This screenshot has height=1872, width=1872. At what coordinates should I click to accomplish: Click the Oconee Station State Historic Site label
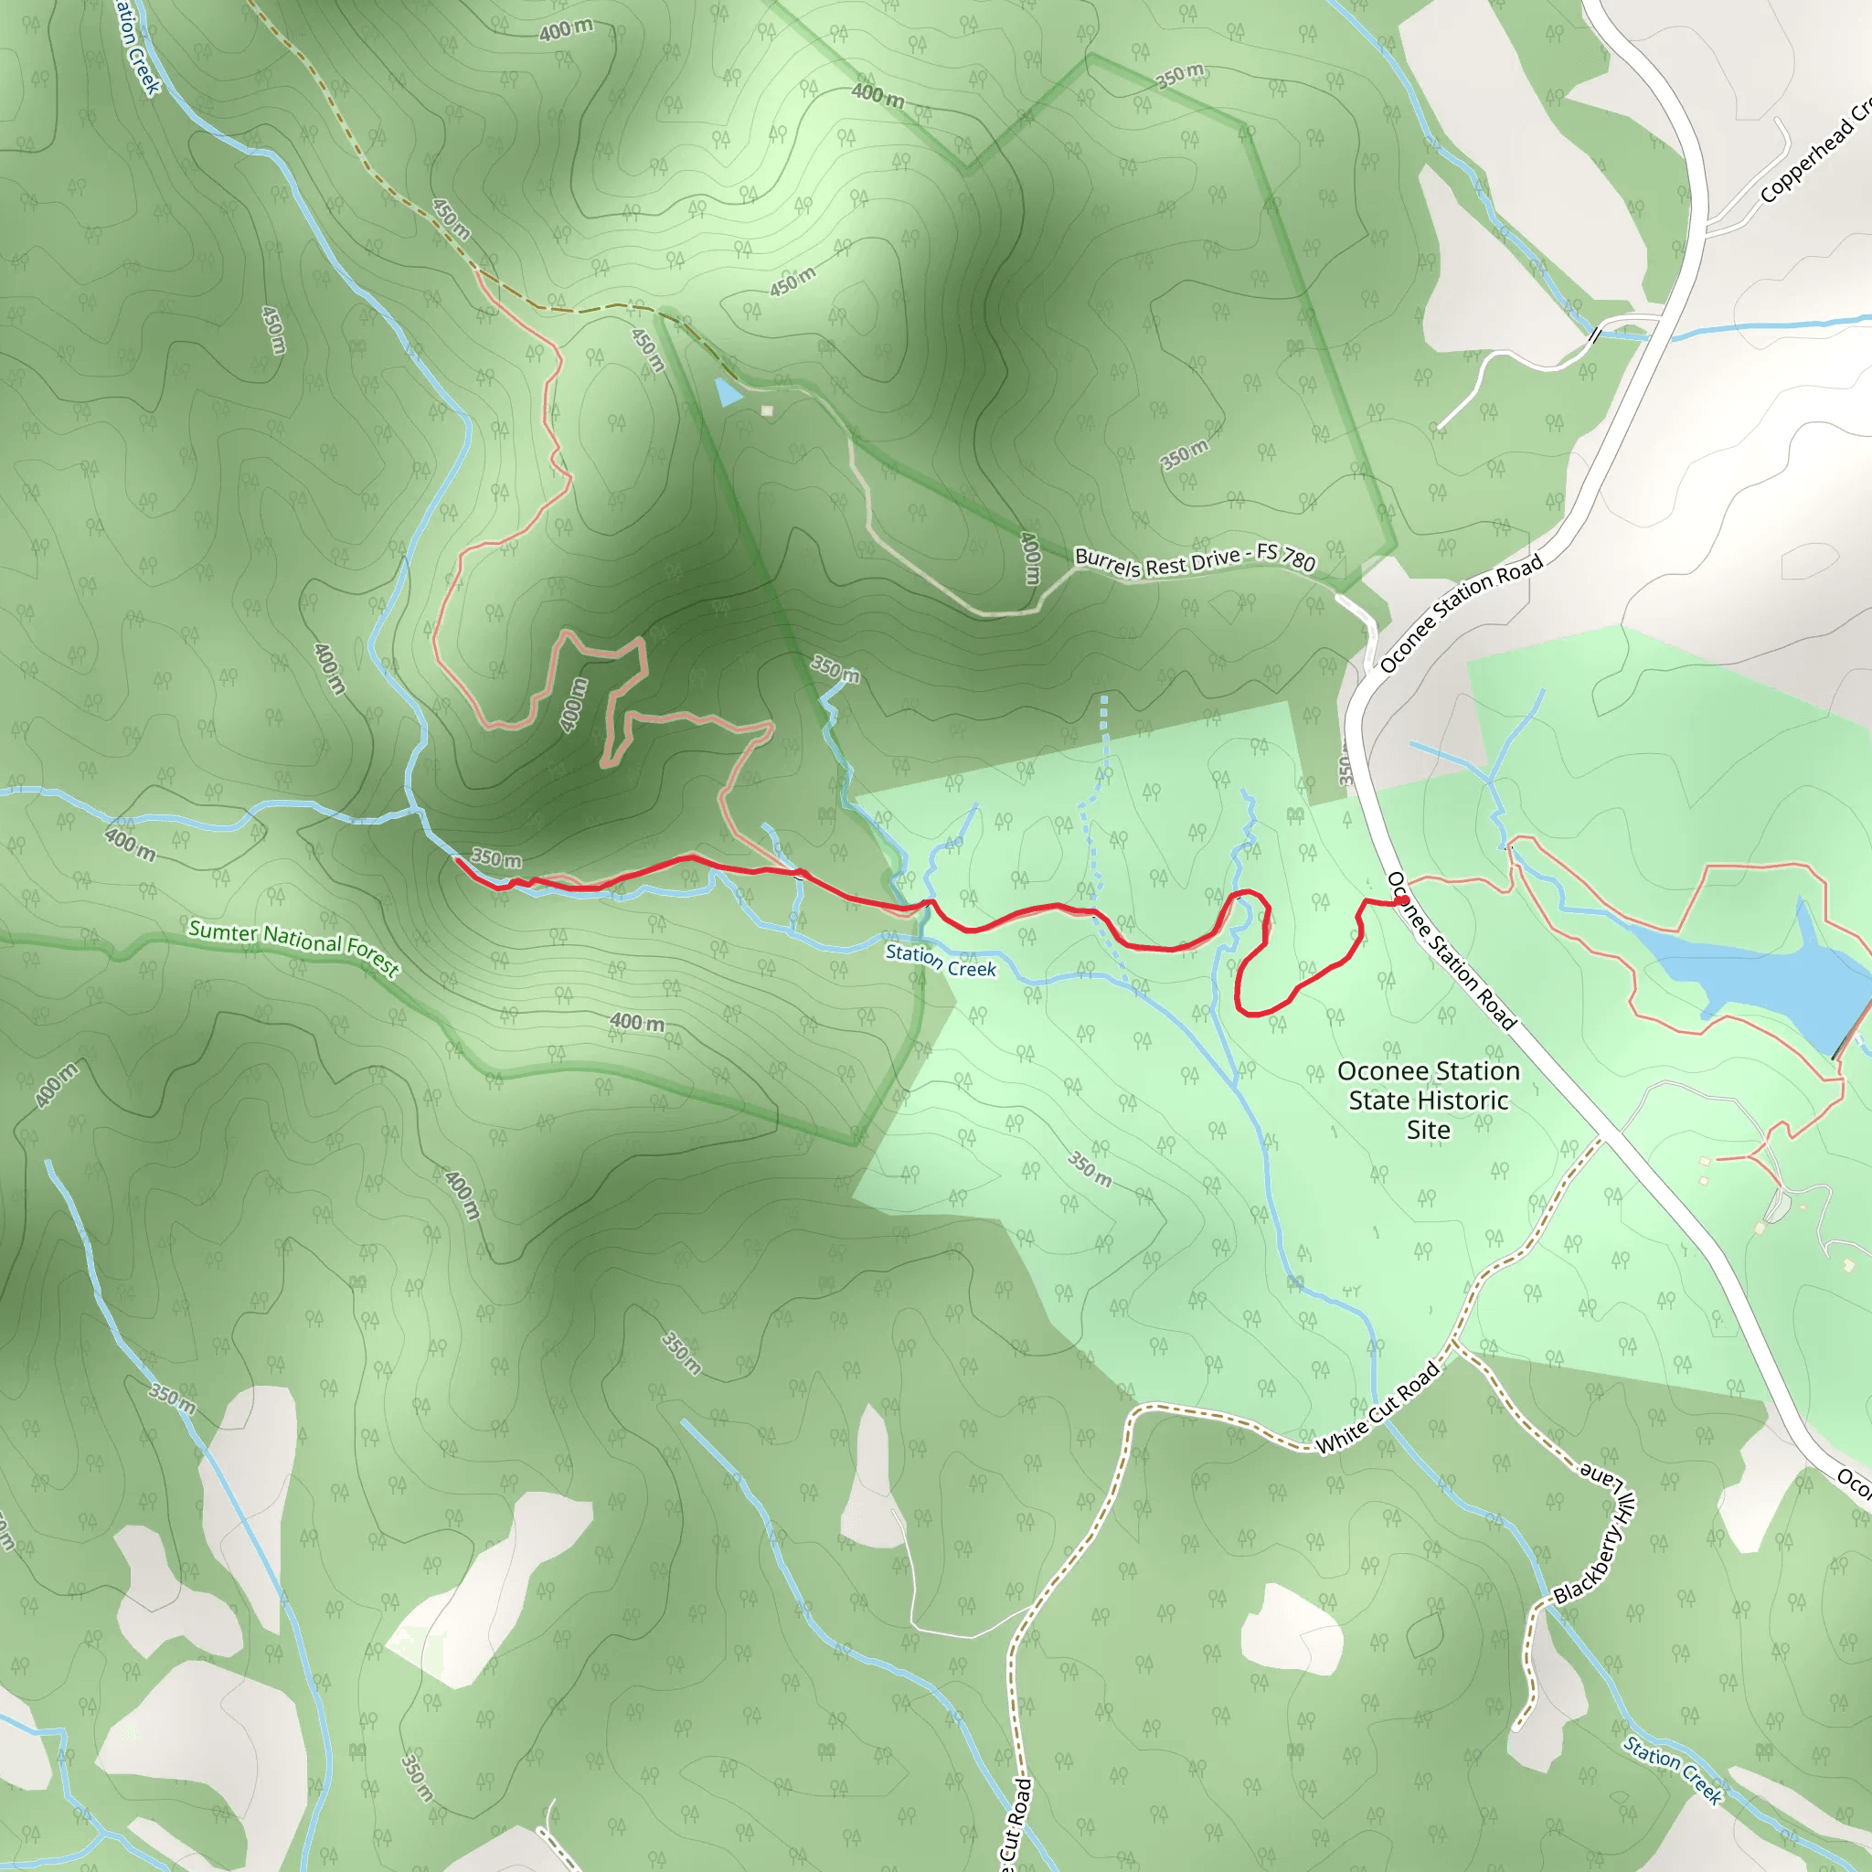click(x=1429, y=1101)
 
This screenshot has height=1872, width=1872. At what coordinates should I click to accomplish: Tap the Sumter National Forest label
click(x=293, y=949)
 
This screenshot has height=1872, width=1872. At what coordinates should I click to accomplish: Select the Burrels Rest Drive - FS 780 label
click(x=1195, y=560)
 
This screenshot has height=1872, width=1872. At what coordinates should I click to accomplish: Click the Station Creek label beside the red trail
click(x=940, y=962)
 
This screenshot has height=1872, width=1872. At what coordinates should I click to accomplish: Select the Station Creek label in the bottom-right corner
click(x=1674, y=1771)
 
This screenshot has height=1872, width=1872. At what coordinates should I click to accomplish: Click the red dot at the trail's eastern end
click(x=1402, y=901)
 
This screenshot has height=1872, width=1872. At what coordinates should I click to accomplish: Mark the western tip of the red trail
click(x=457, y=858)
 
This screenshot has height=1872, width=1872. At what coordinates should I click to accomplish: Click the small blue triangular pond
click(x=728, y=392)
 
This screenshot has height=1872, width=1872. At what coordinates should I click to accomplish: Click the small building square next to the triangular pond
click(x=768, y=410)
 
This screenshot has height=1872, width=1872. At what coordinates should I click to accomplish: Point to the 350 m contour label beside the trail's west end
click(x=496, y=858)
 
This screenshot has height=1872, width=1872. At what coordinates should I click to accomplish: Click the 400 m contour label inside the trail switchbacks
click(x=574, y=705)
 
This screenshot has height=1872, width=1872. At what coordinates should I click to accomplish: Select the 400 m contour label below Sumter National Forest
click(x=636, y=1021)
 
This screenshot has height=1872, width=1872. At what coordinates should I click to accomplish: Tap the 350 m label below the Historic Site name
click(x=1090, y=1168)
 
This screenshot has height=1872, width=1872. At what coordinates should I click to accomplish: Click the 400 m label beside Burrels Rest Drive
click(x=1030, y=558)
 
